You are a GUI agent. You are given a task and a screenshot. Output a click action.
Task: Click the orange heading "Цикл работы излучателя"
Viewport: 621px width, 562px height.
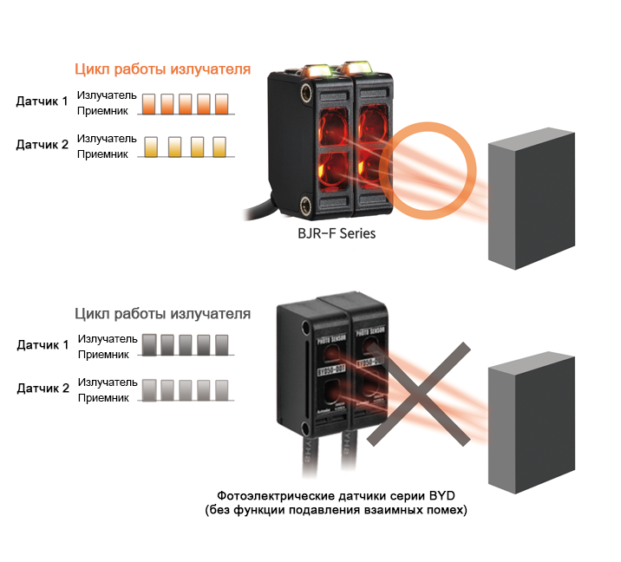point(163,69)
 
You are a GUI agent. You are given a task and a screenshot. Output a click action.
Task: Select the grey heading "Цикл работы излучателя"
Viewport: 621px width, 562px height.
point(163,313)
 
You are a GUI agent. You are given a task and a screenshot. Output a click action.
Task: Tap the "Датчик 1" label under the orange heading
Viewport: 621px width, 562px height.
point(42,101)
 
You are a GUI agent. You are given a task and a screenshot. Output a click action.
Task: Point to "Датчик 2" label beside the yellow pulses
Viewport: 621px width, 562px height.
point(42,145)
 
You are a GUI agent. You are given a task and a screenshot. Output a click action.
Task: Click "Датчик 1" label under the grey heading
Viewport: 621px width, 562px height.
point(42,345)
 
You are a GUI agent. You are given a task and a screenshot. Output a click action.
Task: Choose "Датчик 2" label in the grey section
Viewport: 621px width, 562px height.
point(42,389)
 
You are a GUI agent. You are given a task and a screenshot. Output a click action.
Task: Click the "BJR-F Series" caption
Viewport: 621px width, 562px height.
point(337,233)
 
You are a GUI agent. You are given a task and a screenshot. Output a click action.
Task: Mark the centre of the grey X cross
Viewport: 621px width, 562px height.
point(424,393)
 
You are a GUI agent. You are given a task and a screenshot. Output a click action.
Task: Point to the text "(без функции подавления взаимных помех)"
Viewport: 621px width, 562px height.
point(336,510)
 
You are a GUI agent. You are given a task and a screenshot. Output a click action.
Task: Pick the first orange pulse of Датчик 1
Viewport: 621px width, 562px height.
point(148,104)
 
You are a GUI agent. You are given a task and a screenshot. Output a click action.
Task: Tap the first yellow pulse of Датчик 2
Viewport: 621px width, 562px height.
point(151,147)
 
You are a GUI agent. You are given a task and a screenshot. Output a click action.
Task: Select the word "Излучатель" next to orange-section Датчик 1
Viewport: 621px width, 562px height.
point(106,95)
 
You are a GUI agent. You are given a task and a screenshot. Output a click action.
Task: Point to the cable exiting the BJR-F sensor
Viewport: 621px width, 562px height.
point(257,210)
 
